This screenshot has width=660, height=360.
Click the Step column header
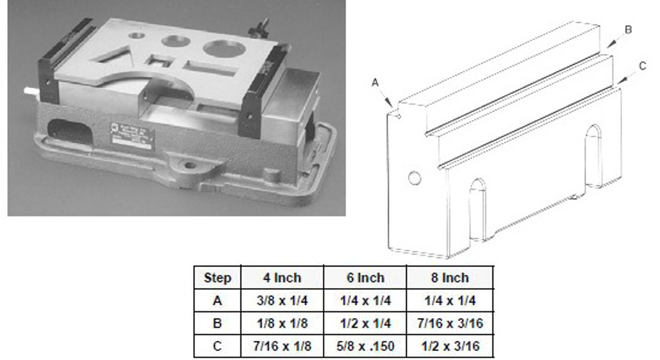pyautogui.click(x=218, y=278)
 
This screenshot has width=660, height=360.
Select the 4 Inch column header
pyautogui.click(x=282, y=278)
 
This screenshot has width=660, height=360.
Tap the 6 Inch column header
pyautogui.click(x=366, y=278)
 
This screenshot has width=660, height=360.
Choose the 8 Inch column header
pyautogui.click(x=450, y=278)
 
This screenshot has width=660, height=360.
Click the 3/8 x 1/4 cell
pyautogui.click(x=282, y=301)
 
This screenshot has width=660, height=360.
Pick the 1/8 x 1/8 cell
pyautogui.click(x=282, y=323)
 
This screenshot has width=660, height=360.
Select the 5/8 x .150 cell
pyautogui.click(x=366, y=346)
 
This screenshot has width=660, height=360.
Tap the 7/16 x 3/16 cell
pyautogui.click(x=450, y=323)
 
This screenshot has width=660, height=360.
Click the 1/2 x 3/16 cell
pyautogui.click(x=450, y=346)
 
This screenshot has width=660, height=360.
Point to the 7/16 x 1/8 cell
pyautogui.click(x=282, y=346)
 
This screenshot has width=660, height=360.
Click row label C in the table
pyautogui.click(x=217, y=346)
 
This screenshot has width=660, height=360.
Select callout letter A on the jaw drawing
pyautogui.click(x=375, y=83)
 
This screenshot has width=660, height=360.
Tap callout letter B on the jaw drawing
pyautogui.click(x=628, y=30)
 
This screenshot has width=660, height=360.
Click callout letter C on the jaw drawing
pyautogui.click(x=642, y=66)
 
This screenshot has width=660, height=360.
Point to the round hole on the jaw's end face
pyautogui.click(x=415, y=178)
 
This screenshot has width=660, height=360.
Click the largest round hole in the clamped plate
pyautogui.click(x=225, y=48)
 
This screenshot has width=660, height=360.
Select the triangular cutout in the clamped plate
pyautogui.click(x=112, y=55)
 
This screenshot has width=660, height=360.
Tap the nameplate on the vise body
pyautogui.click(x=133, y=137)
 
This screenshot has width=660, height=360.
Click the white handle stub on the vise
pyautogui.click(x=31, y=91)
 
